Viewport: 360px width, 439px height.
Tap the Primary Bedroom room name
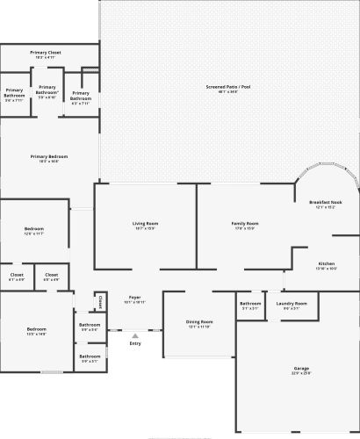[x=49, y=156]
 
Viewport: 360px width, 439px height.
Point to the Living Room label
[x=145, y=223]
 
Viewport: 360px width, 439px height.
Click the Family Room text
[x=245, y=223]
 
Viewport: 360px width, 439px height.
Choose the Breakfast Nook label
[x=325, y=202]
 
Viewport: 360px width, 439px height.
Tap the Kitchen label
[x=327, y=263]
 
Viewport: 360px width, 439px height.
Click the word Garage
[x=301, y=368]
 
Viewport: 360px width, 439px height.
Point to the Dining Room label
[x=199, y=321]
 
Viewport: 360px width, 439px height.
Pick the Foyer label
[x=135, y=298]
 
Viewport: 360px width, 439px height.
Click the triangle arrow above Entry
[x=135, y=335]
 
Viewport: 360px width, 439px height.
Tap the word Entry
[x=135, y=343]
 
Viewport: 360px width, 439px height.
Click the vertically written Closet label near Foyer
[x=101, y=302]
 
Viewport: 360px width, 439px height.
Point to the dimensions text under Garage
[x=301, y=374]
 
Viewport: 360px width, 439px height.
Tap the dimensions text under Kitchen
[x=327, y=269]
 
